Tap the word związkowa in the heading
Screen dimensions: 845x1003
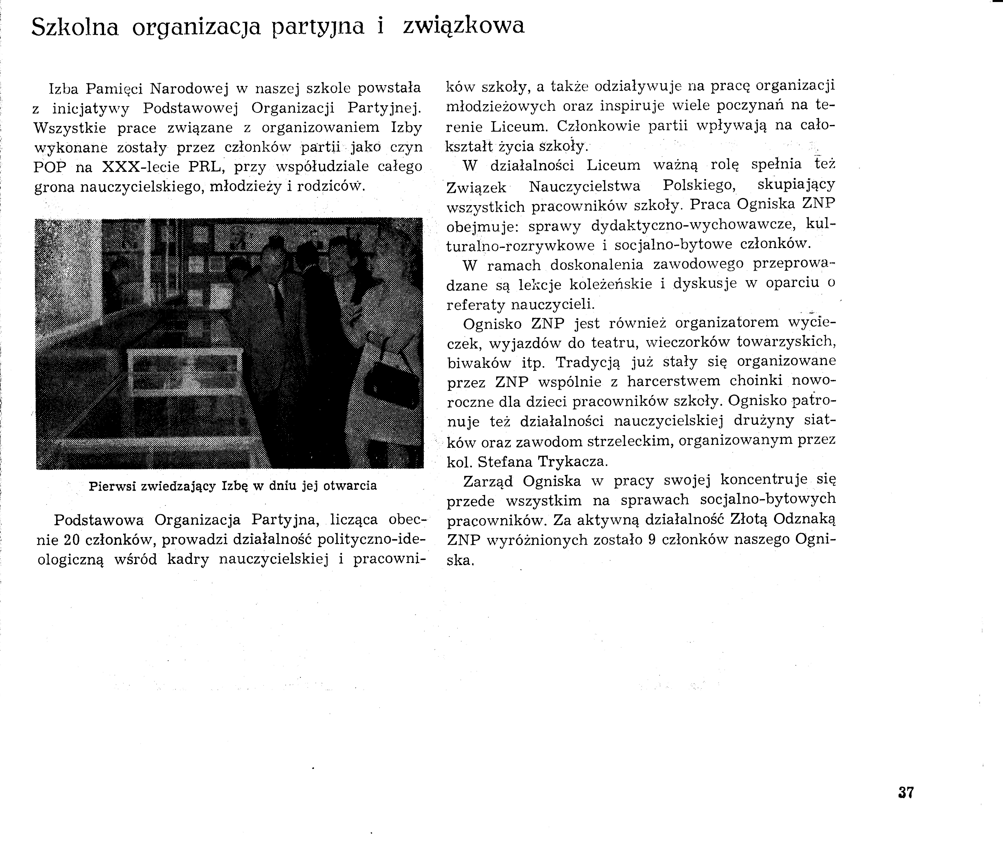point(464,26)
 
